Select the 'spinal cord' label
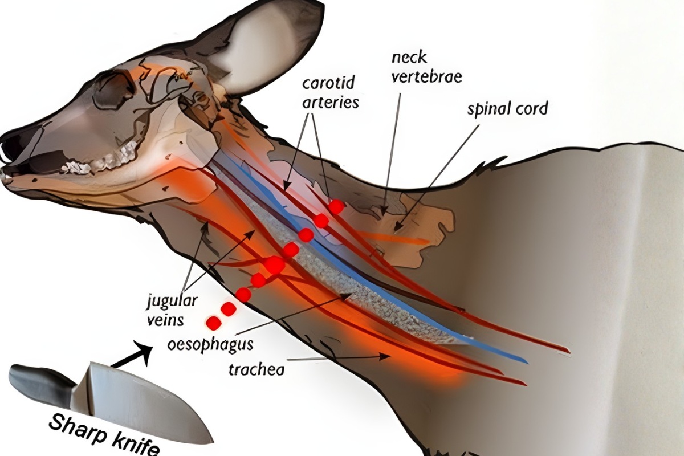pyautogui.click(x=507, y=109)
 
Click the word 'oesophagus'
pyautogui.click(x=211, y=344)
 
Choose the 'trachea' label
pyautogui.click(x=256, y=369)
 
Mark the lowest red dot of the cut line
pyautogui.click(x=214, y=323)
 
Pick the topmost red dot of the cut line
pyautogui.click(x=336, y=206)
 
